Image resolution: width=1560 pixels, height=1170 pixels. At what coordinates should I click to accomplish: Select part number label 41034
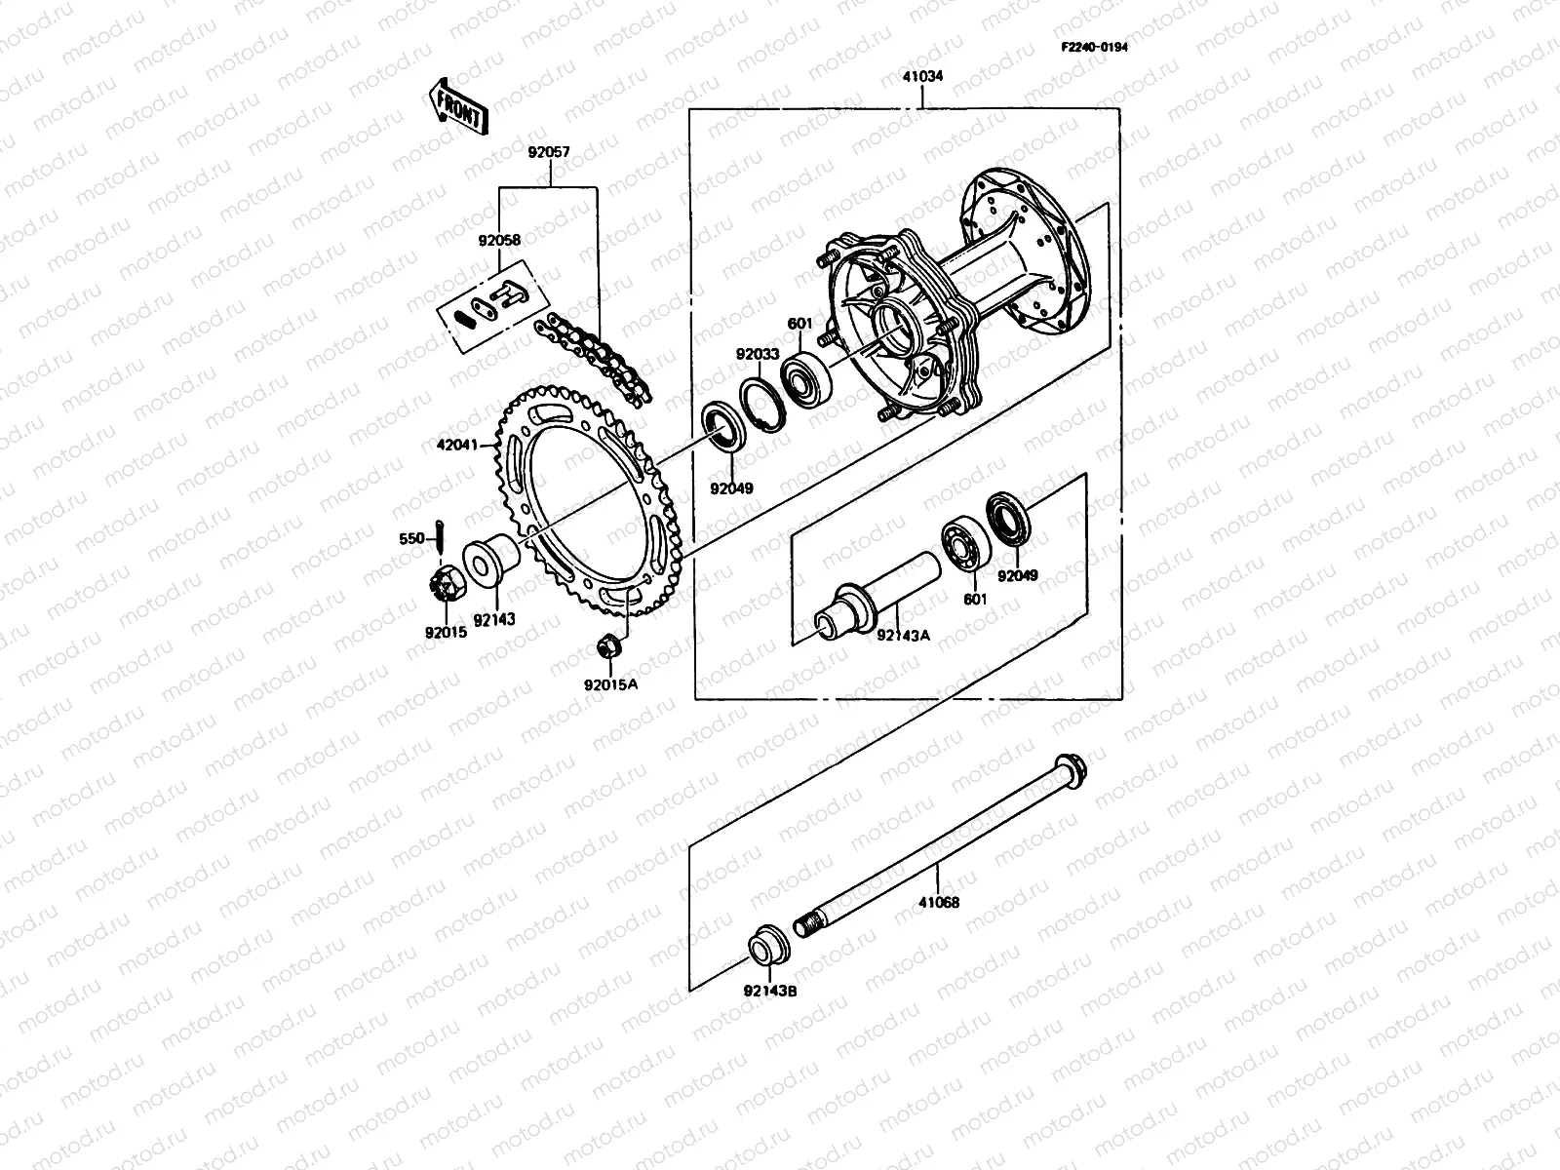922,76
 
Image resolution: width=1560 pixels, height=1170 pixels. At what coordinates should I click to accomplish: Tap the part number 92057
549,153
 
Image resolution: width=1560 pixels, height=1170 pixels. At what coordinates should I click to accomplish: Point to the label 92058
498,240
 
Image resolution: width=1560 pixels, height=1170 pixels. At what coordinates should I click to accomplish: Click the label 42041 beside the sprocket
456,446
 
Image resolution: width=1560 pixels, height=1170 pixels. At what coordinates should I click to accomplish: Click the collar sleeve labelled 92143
491,563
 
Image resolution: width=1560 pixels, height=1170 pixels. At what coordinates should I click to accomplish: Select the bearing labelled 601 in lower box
966,547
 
